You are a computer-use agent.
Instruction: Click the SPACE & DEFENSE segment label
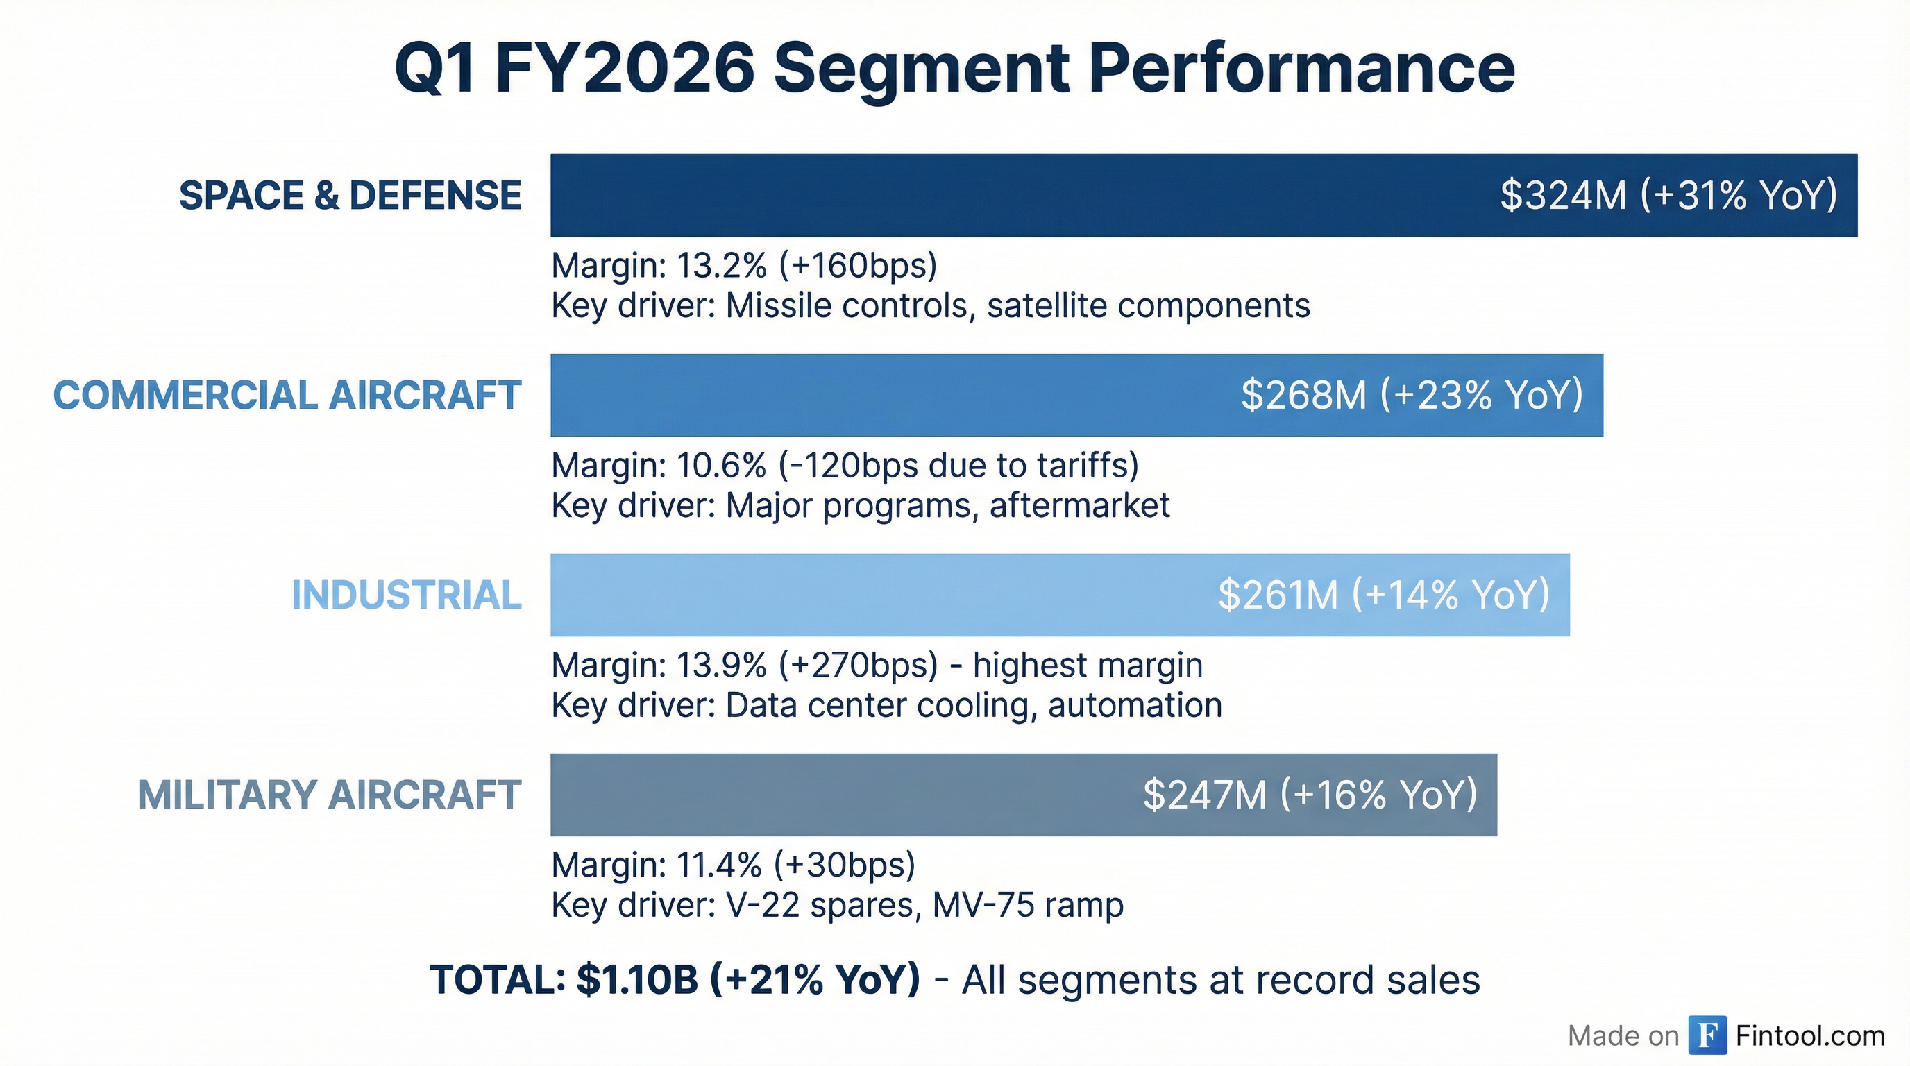pos(350,196)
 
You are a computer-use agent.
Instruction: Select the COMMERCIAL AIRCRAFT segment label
pos(287,395)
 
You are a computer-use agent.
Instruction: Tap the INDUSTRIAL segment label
pos(406,595)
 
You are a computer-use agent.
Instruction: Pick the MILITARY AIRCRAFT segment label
pos(329,795)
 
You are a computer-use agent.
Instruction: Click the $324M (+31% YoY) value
pos(1668,196)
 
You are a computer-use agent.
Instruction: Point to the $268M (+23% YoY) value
pos(1412,395)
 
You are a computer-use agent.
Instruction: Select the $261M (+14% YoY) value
pos(1383,595)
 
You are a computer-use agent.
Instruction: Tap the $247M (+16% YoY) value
pos(1310,795)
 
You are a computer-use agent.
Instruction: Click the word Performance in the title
pos(1301,68)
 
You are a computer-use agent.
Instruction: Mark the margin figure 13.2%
pos(720,265)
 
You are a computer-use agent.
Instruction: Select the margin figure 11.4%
pos(718,864)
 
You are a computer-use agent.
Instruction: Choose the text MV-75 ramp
pos(1028,905)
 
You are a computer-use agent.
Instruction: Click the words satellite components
pos(1148,305)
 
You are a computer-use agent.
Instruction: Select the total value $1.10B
pos(637,979)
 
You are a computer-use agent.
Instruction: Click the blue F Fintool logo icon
pos(1707,1035)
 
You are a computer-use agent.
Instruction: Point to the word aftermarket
pos(1079,505)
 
